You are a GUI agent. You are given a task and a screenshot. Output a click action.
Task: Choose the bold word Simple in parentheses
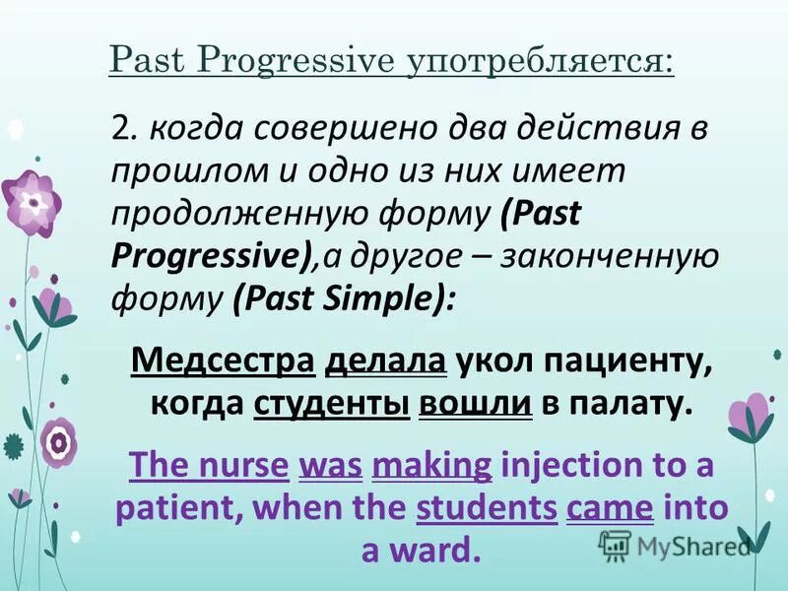point(388,295)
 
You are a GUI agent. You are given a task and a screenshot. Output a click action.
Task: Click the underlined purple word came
point(610,507)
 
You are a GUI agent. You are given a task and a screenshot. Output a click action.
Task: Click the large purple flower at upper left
point(33,203)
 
